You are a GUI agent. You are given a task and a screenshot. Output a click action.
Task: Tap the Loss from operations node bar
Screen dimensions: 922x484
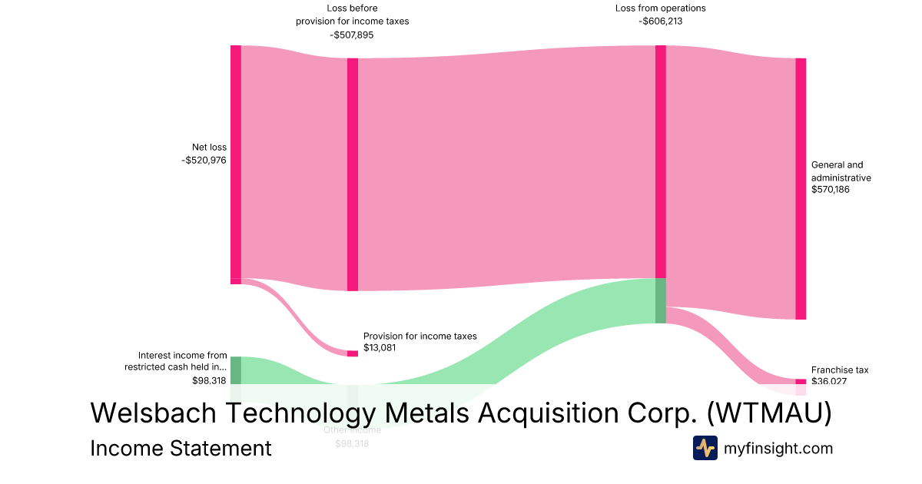click(660, 161)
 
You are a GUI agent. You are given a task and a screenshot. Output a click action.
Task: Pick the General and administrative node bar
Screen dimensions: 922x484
click(801, 188)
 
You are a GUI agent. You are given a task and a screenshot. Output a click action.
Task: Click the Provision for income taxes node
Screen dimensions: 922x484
click(353, 353)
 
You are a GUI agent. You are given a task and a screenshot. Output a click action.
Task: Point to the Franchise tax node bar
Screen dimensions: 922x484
click(801, 381)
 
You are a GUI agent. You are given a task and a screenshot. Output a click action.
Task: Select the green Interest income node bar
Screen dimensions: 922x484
click(236, 370)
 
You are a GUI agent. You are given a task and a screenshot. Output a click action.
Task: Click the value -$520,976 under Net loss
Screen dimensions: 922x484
click(204, 160)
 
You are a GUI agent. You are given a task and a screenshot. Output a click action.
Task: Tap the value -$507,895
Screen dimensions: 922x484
click(352, 35)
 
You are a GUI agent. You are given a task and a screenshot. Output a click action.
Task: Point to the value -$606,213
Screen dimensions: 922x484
click(660, 22)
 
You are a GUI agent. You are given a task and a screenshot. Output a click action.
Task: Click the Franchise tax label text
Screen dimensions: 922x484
click(840, 370)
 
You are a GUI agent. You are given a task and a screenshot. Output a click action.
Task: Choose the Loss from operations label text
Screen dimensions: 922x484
click(660, 8)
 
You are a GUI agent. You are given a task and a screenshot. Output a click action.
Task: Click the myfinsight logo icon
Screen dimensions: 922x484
click(705, 448)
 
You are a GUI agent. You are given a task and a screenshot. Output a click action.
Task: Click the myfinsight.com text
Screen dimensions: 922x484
click(778, 448)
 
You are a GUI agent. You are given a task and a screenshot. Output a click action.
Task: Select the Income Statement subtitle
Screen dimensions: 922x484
click(181, 448)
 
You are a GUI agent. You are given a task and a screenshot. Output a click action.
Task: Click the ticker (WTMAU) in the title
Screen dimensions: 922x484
click(768, 413)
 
